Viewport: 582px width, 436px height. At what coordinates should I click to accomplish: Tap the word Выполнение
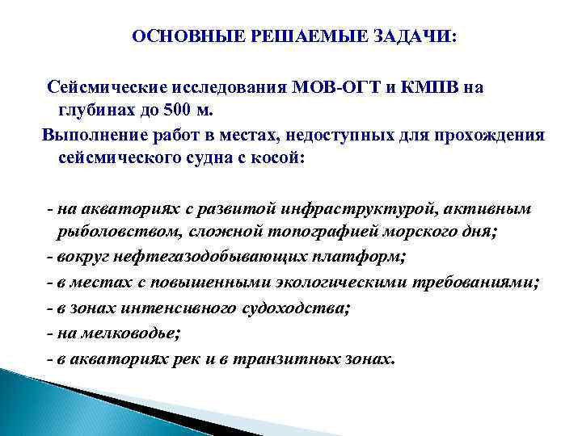pyautogui.click(x=91, y=133)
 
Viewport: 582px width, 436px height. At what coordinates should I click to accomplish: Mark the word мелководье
pyautogui.click(x=122, y=333)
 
